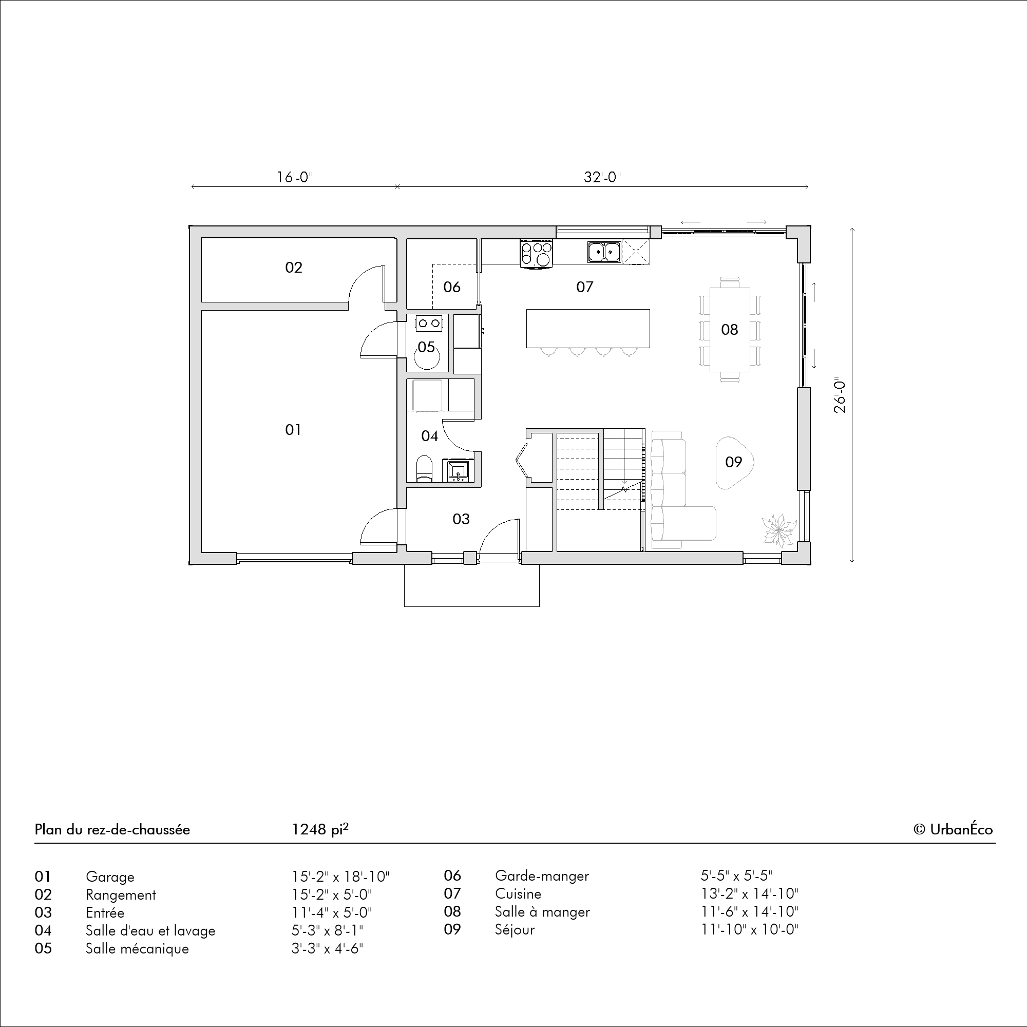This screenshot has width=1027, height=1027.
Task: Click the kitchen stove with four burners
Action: click(x=537, y=253)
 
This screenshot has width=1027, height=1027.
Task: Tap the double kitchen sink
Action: click(x=604, y=252)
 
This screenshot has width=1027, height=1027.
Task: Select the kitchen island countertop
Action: click(x=588, y=329)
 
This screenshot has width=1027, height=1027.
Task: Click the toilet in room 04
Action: click(x=424, y=468)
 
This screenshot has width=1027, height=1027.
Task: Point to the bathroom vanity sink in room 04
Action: click(x=457, y=470)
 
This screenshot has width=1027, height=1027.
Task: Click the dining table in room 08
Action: click(x=730, y=330)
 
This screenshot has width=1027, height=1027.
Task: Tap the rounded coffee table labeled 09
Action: click(x=735, y=463)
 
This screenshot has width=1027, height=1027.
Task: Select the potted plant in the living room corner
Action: click(x=780, y=529)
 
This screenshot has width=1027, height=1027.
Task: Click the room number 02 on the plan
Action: click(x=293, y=268)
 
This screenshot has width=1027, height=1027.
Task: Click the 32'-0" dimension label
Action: click(x=602, y=177)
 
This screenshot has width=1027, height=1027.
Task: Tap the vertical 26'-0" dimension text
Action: click(x=840, y=396)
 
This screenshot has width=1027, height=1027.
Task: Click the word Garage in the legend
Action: click(x=110, y=877)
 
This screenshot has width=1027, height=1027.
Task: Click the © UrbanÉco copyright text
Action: click(x=953, y=830)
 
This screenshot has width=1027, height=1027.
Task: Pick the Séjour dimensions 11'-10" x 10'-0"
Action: click(x=750, y=930)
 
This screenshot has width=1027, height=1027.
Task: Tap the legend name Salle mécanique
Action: click(x=137, y=949)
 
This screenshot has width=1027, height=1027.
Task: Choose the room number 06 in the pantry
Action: click(x=452, y=287)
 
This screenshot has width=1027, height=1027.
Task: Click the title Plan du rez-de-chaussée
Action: click(x=112, y=830)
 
